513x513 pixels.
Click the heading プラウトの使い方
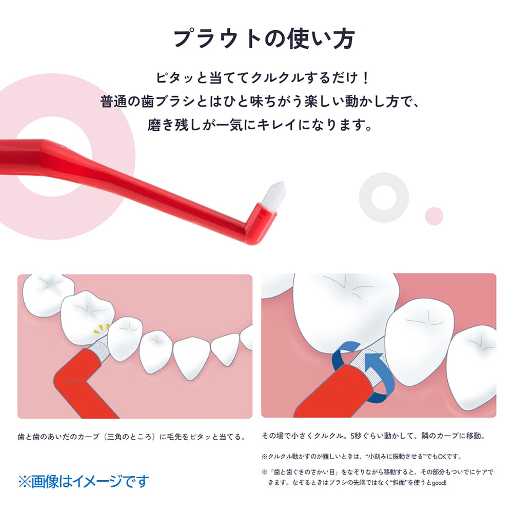tap(264, 38)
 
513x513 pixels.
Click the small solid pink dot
tap(434, 216)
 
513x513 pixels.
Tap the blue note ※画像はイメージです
tap(84, 481)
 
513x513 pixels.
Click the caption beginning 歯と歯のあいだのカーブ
tap(132, 437)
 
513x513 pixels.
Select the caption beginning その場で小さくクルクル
tap(373, 436)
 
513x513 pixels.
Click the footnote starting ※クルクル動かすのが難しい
tap(362, 457)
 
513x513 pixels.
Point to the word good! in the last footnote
tap(439, 483)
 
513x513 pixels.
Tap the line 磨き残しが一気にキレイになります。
tap(260, 125)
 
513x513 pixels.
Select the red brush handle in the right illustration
tap(330, 392)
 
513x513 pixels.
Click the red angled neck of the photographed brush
tap(258, 223)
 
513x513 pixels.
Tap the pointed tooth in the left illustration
tap(191, 359)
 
